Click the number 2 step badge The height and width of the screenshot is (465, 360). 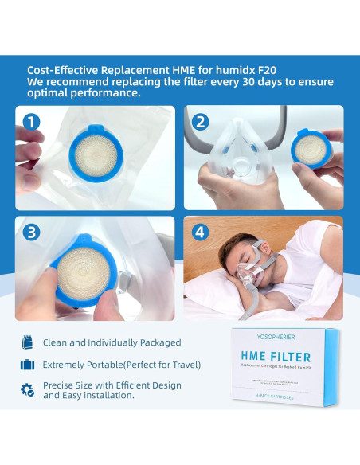click(201, 122)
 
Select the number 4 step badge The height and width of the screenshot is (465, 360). click(201, 232)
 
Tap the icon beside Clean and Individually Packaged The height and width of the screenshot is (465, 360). click(28, 342)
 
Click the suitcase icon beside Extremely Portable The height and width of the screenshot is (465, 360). click(28, 365)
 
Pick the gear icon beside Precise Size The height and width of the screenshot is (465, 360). click(28, 389)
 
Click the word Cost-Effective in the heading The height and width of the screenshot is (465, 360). click(63, 69)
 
